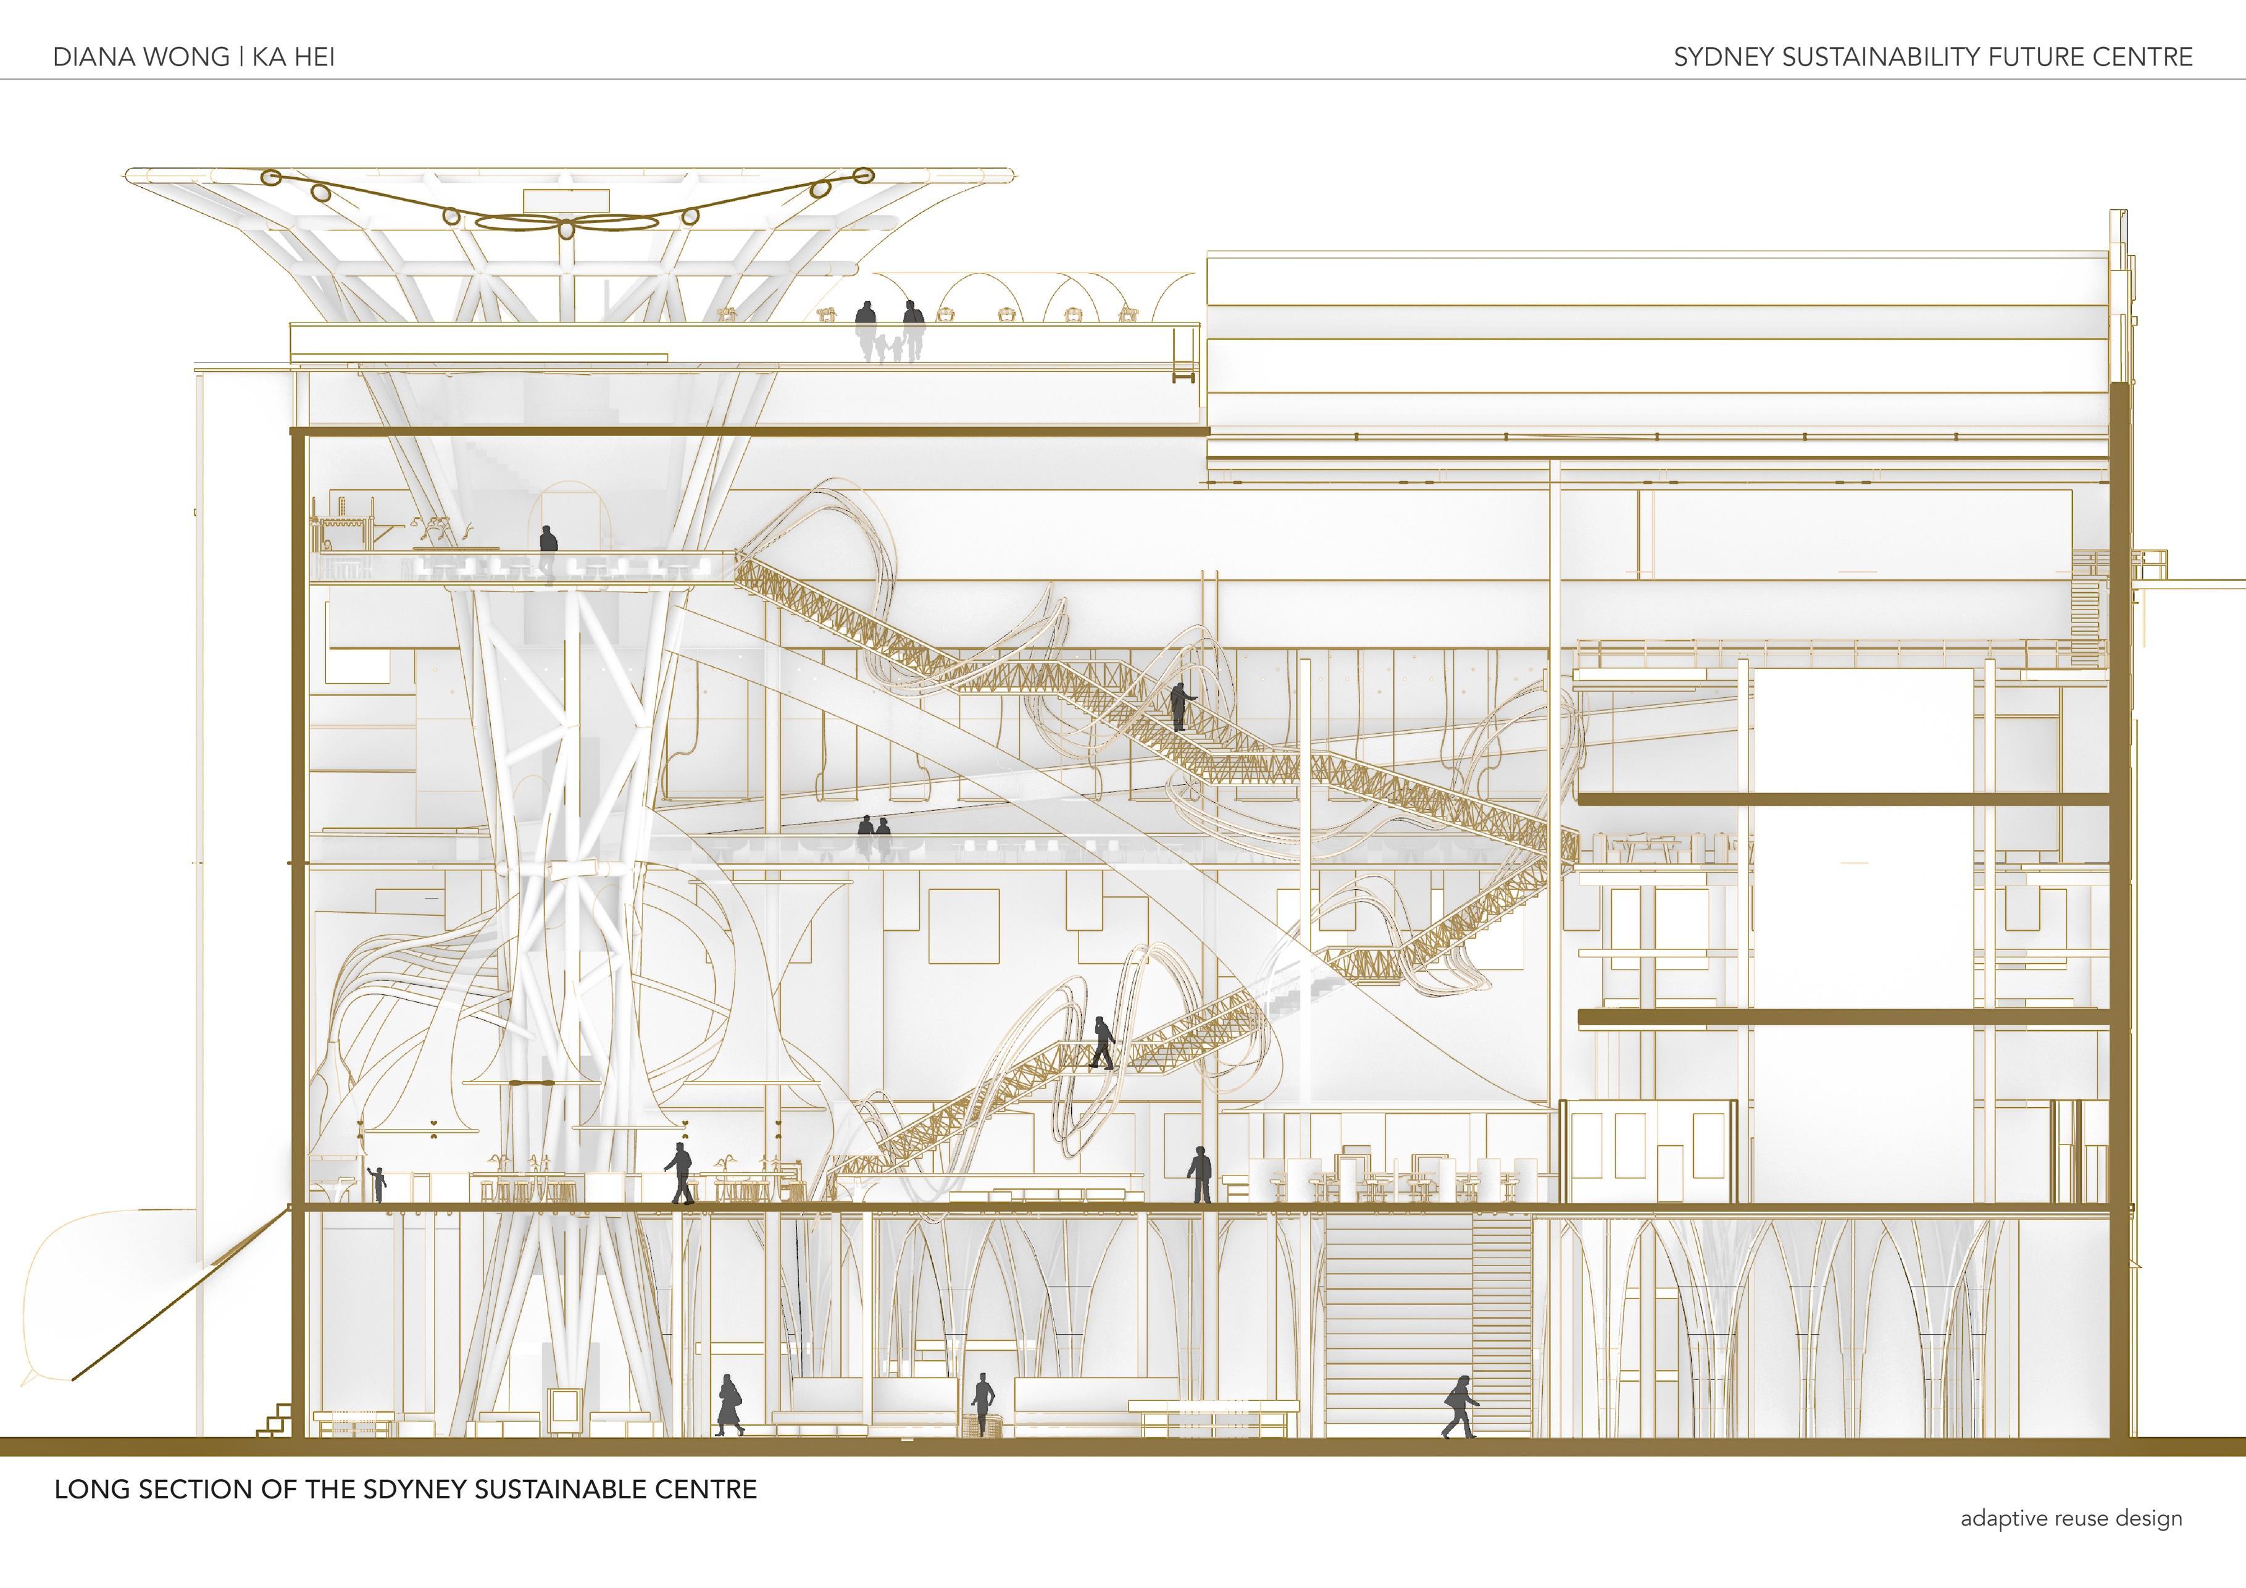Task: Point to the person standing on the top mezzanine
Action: (548, 550)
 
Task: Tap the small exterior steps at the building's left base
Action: (275, 1421)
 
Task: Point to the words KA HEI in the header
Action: (293, 57)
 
